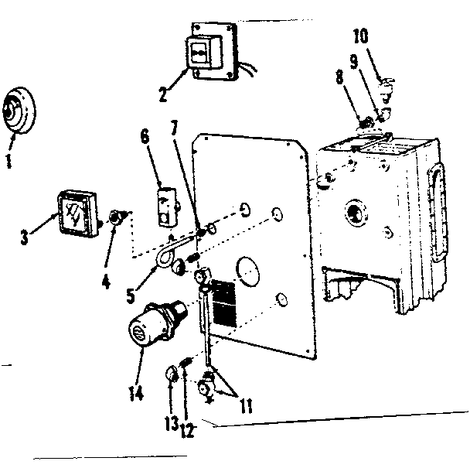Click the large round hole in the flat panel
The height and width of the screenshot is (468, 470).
tap(248, 272)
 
